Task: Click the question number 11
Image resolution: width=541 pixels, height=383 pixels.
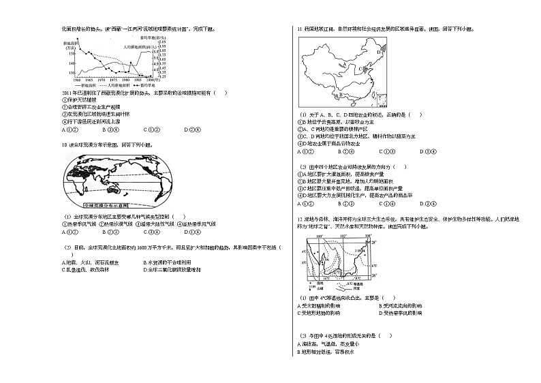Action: (298, 29)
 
